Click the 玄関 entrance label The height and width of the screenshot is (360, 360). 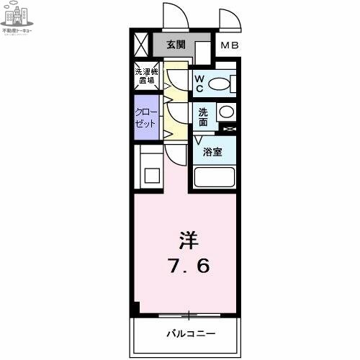click(175, 45)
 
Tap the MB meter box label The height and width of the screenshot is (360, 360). click(229, 47)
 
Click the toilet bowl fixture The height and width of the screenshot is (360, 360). click(219, 84)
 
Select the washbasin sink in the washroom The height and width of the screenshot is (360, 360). click(225, 112)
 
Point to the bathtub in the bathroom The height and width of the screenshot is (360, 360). click(214, 178)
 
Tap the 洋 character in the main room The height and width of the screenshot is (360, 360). click(187, 239)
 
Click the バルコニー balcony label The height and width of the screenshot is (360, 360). click(191, 334)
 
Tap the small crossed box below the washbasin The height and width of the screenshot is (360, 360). click(229, 129)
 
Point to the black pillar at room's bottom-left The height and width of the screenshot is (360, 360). click(135, 307)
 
